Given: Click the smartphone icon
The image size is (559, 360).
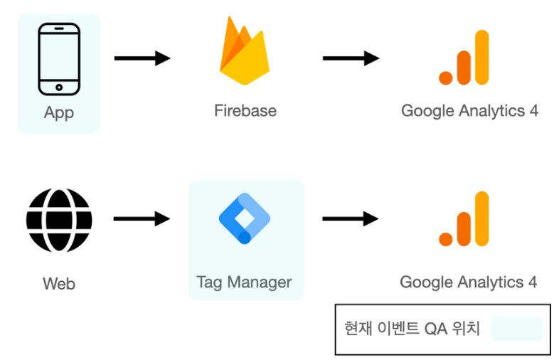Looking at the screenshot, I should pyautogui.click(x=58, y=59).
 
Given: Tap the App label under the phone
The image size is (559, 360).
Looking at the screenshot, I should pyautogui.click(x=58, y=112).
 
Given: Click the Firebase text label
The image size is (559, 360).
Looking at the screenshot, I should pyautogui.click(x=245, y=110).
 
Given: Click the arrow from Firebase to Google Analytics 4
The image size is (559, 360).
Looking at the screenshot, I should pyautogui.click(x=351, y=58).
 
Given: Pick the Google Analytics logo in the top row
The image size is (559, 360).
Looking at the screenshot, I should pyautogui.click(x=464, y=58).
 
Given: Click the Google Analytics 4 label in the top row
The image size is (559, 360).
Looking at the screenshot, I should pyautogui.click(x=469, y=110).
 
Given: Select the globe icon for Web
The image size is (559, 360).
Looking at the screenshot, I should pyautogui.click(x=59, y=218).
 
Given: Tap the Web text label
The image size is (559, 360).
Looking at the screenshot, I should pyautogui.click(x=59, y=284).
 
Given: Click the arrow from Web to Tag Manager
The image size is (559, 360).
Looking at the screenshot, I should pyautogui.click(x=142, y=219).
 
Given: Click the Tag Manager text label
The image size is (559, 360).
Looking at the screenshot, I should pyautogui.click(x=244, y=282).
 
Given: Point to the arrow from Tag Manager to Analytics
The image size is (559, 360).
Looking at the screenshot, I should pyautogui.click(x=350, y=219).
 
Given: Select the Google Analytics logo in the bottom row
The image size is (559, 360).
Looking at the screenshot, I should pyautogui.click(x=464, y=219).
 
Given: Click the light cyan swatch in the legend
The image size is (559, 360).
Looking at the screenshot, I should pyautogui.click(x=516, y=329).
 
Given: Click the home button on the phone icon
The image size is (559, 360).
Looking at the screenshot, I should pyautogui.click(x=58, y=88).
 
